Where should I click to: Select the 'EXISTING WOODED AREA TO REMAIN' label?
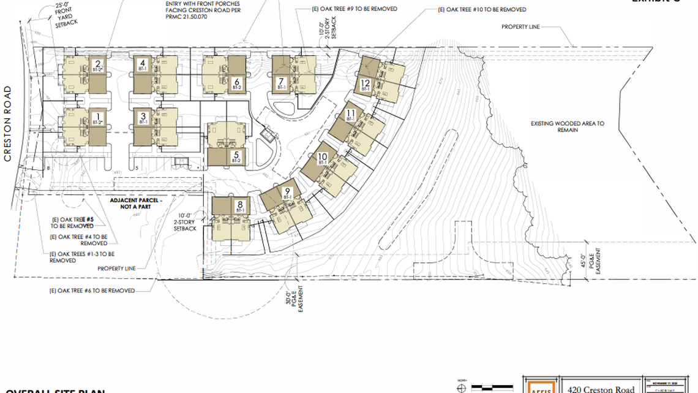(568, 127)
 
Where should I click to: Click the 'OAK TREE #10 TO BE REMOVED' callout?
(482, 10)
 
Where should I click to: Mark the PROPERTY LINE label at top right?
(522, 26)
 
